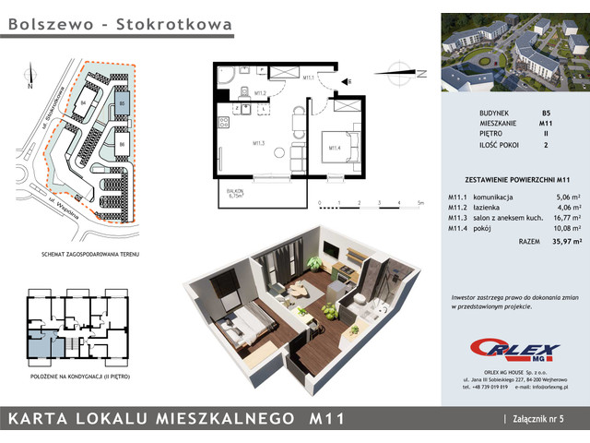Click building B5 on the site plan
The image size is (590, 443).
click(121, 105)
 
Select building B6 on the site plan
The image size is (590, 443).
click(121, 144)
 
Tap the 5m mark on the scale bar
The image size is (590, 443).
click(419, 203)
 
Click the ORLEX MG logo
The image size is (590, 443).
click(501, 349)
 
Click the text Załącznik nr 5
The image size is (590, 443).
click(544, 419)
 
